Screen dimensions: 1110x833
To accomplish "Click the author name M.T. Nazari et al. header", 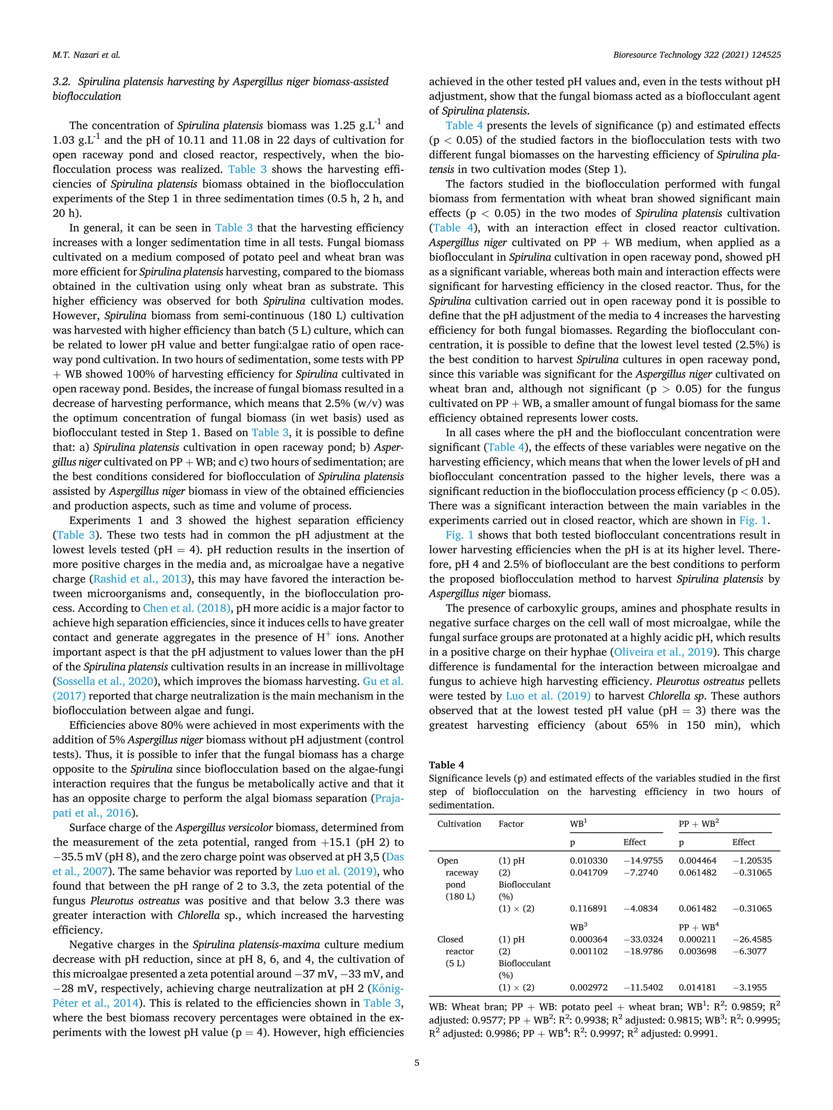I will click(x=86, y=55).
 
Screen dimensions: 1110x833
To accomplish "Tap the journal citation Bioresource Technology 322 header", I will click(x=696, y=55).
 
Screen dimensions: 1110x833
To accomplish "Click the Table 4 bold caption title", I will click(x=446, y=765).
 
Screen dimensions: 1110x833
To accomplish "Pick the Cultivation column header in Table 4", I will click(x=459, y=823).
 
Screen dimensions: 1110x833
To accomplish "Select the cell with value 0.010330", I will click(x=589, y=860).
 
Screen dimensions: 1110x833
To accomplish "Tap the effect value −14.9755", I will click(x=643, y=860).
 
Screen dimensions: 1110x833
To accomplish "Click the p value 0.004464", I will click(x=698, y=860).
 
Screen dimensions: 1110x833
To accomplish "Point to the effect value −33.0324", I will click(x=643, y=939).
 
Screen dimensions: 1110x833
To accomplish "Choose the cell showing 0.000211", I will click(x=698, y=939).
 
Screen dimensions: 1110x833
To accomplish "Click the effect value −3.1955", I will click(x=749, y=987).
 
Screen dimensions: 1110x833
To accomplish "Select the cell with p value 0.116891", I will click(x=589, y=908).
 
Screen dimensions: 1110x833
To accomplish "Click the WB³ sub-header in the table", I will click(x=578, y=927).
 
